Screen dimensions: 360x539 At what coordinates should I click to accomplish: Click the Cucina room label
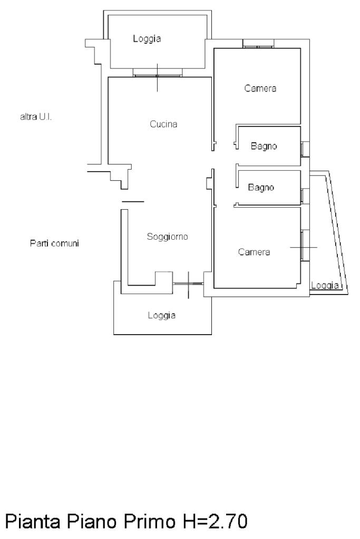pos(163,124)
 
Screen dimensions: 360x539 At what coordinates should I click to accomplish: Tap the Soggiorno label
pos(167,237)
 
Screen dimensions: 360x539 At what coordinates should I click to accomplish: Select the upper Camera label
pos(260,89)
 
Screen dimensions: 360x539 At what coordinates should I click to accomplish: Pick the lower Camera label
pos(254,252)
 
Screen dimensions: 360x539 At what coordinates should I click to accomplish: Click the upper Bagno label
pos(264,146)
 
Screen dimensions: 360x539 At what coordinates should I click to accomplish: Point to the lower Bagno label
pos(261,188)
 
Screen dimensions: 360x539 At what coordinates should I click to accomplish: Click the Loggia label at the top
pos(147,38)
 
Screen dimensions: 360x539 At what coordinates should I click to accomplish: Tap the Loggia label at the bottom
pos(162,315)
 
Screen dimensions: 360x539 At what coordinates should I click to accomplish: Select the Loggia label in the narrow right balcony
pos(325,286)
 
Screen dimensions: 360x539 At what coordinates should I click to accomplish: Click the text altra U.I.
pos(36,117)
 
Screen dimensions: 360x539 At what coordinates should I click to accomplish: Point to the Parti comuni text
pos(54,243)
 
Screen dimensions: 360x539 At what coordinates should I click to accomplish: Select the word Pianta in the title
pos(33,521)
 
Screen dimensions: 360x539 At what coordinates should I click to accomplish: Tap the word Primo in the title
pos(149,521)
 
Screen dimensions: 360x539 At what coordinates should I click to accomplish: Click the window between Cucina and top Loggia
pos(158,75)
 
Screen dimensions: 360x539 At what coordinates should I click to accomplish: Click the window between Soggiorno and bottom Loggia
pos(188,283)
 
